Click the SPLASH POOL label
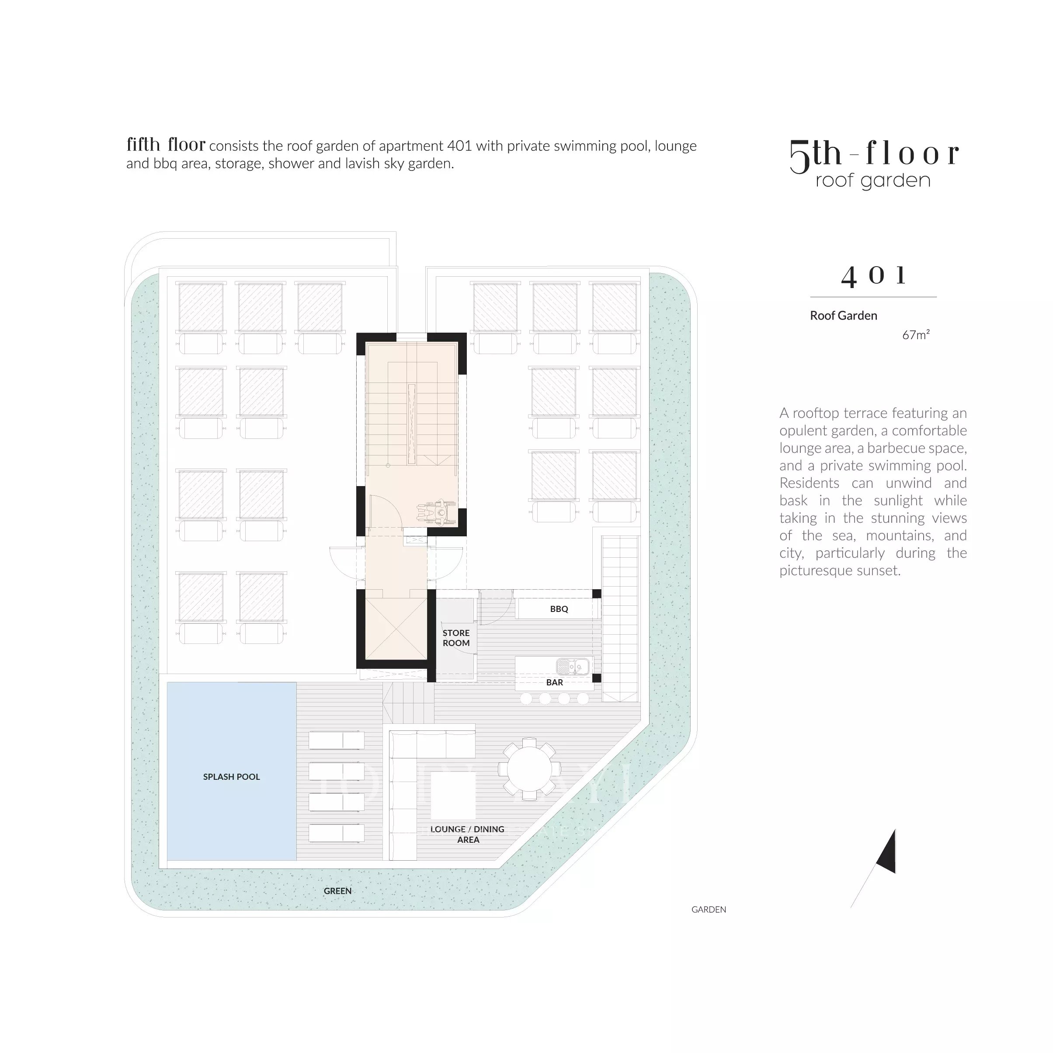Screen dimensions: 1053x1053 (231, 777)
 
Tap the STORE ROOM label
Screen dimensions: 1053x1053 (456, 638)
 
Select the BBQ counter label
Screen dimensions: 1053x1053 (559, 609)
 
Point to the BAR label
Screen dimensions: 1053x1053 (555, 682)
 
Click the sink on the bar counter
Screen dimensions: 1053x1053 (573, 666)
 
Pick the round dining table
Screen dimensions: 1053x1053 (528, 769)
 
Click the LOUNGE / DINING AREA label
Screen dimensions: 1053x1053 (468, 834)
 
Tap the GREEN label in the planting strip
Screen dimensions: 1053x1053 (337, 890)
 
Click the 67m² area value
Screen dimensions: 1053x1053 (916, 335)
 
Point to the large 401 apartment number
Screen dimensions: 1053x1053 (873, 276)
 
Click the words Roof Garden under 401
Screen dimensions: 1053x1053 (844, 316)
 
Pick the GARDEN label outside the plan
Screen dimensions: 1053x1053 (709, 909)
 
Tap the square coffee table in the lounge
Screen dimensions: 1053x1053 (453, 797)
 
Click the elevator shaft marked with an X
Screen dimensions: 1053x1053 (396, 629)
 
